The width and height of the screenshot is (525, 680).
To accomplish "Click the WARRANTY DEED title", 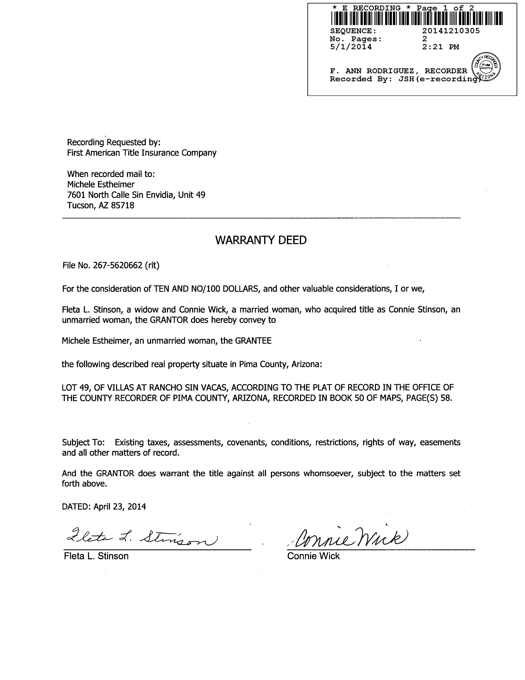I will [x=261, y=240].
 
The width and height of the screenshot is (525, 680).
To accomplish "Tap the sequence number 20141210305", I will [x=451, y=31].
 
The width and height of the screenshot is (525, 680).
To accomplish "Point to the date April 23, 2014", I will [x=120, y=507].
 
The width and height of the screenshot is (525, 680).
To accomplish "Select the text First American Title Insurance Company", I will [x=142, y=153].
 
